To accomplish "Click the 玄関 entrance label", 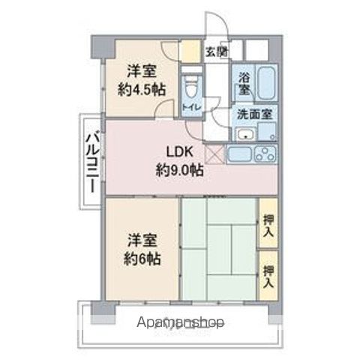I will click(217, 52).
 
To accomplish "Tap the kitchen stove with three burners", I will click(266, 155).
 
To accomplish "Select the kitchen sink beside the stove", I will click(240, 156).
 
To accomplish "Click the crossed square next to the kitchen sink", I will click(215, 155).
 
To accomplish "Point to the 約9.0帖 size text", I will click(179, 170).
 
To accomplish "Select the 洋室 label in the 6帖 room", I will click(142, 240).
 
